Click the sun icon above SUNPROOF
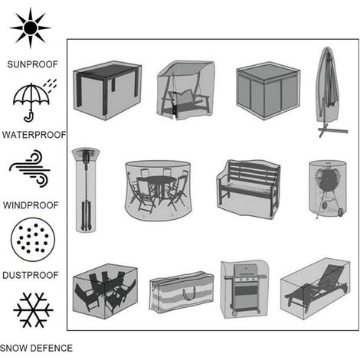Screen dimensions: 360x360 coord(31,28)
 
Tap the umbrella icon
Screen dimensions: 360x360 coord(33,102)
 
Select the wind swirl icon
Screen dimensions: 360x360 coord(30,169)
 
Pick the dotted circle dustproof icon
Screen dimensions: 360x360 coord(33,240)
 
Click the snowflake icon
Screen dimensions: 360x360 coord(33,310)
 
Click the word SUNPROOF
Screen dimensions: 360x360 coord(32,64)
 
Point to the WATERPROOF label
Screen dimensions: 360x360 coord(34,135)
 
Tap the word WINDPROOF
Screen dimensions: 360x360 coord(31,205)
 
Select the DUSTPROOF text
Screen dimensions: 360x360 coord(31,275)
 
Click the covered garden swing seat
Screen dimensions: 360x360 coord(185,90)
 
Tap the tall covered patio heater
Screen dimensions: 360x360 coord(86,190)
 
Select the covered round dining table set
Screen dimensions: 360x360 coord(159,190)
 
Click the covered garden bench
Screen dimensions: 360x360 coord(248,189)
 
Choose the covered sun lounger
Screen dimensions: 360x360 coord(316,288)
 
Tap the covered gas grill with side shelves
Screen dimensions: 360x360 coord(245,290)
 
